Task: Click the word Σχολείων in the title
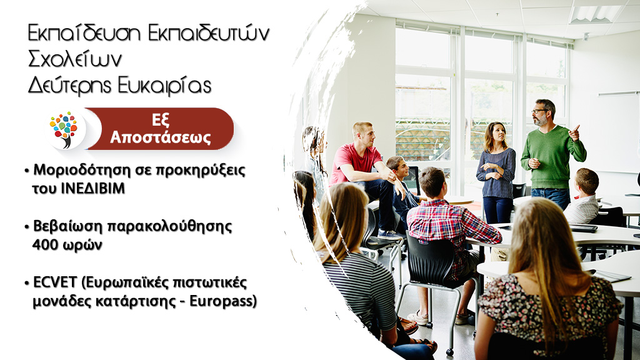(75, 59)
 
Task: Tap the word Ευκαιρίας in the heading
(164, 86)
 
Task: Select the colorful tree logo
(64, 129)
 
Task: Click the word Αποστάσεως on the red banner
(161, 137)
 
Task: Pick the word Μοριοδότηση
(81, 169)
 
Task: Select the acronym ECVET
(55, 282)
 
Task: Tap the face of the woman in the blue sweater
(498, 132)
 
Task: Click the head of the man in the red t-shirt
(362, 134)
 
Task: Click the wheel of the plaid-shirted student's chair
(450, 351)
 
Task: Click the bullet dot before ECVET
(27, 283)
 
